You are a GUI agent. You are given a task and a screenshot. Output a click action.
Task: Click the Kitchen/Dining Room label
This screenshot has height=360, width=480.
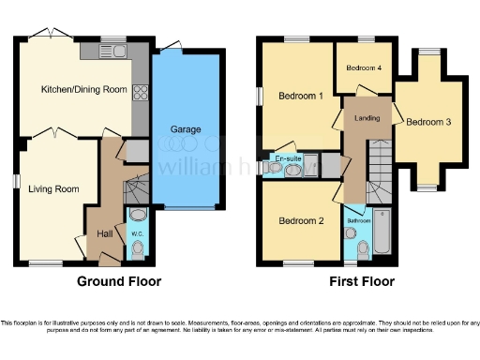pos(83,90)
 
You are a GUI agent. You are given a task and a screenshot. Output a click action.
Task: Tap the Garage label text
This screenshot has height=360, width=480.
pos(186,128)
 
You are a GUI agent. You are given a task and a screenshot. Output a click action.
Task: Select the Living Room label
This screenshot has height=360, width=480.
pos(53,188)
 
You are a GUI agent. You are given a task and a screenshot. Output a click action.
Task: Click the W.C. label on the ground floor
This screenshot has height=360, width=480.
pos(136,233)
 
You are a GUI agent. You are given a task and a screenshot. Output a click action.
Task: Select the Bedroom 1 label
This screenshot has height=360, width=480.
pos(302,96)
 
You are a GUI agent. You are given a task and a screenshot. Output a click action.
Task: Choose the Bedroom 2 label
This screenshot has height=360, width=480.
pos(302,221)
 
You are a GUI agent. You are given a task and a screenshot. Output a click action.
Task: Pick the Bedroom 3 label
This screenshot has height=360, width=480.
pos(428,122)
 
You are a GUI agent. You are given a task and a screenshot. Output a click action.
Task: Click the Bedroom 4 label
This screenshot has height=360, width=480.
pos(364,68)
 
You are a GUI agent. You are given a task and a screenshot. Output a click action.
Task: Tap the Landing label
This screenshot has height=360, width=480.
pos(367,118)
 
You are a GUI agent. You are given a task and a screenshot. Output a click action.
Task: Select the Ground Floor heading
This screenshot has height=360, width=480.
pos(118,281)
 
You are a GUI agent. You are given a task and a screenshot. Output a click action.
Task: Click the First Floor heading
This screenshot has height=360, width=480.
pos(362,281)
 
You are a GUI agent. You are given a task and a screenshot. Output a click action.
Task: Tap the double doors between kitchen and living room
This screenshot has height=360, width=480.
pos(56,131)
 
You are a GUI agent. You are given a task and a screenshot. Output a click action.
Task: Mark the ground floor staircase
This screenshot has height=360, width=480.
pos(137,192)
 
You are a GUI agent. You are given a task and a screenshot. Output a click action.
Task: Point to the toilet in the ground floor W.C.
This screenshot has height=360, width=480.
pos(138,248)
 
